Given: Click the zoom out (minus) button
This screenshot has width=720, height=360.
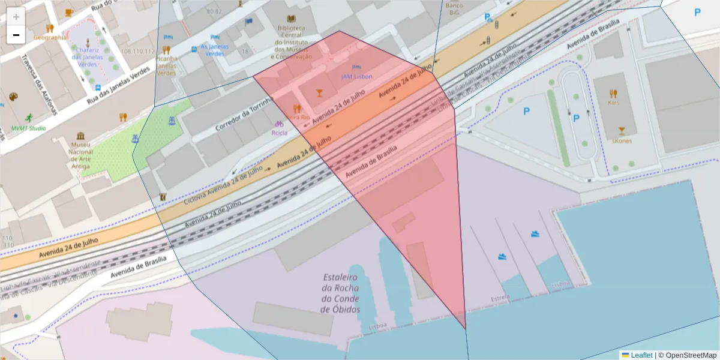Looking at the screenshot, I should [x=16, y=35].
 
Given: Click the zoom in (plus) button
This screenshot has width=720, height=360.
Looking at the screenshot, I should [x=16, y=17].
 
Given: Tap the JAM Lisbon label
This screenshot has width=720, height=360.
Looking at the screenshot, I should [x=357, y=77].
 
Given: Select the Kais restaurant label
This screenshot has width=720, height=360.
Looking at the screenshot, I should [x=613, y=103].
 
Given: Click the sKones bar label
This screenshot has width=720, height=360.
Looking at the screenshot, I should [x=622, y=141].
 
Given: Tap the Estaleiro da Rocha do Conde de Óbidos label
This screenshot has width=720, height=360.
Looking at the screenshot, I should [x=341, y=293].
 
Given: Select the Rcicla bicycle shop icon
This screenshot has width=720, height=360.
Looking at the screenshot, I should [x=279, y=124].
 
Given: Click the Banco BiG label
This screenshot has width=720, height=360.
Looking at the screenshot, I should [x=454, y=8].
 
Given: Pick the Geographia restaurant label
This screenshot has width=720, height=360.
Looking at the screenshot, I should [x=50, y=37].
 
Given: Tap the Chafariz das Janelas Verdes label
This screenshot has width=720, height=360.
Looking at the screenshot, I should [x=88, y=57].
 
